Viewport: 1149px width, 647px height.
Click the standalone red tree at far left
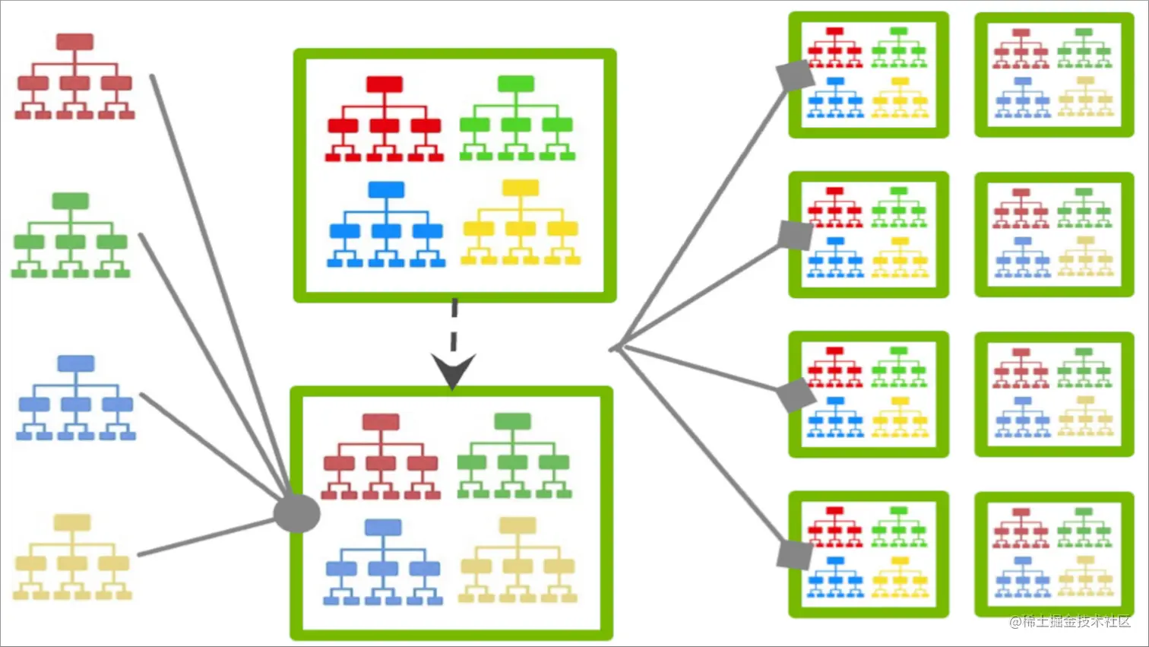[74, 77]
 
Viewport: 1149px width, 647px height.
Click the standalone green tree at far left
[71, 236]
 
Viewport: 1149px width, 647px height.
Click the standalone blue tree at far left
[76, 398]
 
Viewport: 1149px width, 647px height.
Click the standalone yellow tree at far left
[72, 557]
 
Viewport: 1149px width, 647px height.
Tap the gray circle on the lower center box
[296, 514]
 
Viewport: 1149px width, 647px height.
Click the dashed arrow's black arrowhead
[453, 369]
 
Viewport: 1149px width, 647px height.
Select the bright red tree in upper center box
[385, 119]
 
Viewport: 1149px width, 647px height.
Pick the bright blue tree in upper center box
[386, 224]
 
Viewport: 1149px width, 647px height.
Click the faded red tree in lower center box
[381, 456]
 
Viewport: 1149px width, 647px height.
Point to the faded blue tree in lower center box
[383, 562]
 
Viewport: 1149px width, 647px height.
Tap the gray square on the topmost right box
[795, 76]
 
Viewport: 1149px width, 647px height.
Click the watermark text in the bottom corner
[1070, 621]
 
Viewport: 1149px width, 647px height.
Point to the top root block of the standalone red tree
[74, 42]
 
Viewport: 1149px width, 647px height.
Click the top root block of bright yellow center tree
[521, 188]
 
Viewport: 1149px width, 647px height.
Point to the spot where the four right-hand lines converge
[616, 348]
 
